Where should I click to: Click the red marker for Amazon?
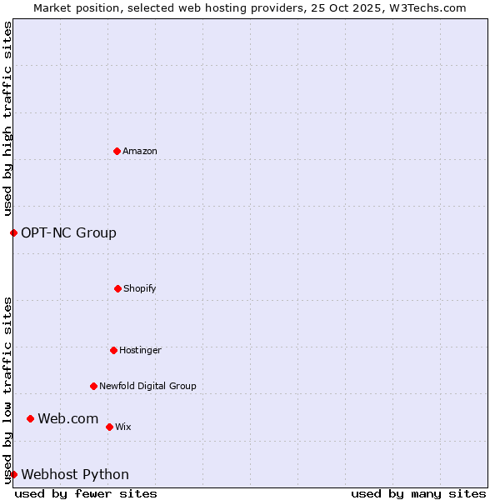pyautogui.click(x=117, y=151)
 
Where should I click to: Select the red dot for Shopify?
pyautogui.click(x=117, y=288)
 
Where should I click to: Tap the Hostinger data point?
pyautogui.click(x=113, y=350)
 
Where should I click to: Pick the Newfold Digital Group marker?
pyautogui.click(x=93, y=386)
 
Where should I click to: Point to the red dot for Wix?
pyautogui.click(x=109, y=427)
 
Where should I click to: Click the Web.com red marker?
pyautogui.click(x=30, y=418)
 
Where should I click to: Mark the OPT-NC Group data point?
pyautogui.click(x=13, y=232)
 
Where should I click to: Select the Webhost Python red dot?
pyautogui.click(x=13, y=474)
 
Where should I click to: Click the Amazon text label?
pyautogui.click(x=140, y=151)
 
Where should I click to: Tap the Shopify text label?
pyautogui.click(x=140, y=288)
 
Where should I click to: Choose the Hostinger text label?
pyautogui.click(x=140, y=350)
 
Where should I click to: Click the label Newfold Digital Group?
pyautogui.click(x=147, y=386)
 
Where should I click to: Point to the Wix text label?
pyautogui.click(x=123, y=427)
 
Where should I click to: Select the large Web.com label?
pyautogui.click(x=68, y=418)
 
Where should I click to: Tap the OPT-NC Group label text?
pyautogui.click(x=68, y=232)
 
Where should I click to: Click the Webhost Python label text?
pyautogui.click(x=75, y=474)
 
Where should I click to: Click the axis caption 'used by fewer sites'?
pyautogui.click(x=86, y=493)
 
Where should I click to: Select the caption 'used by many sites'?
pyautogui.click(x=418, y=493)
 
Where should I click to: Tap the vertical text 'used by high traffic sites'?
pyautogui.click(x=7, y=118)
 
